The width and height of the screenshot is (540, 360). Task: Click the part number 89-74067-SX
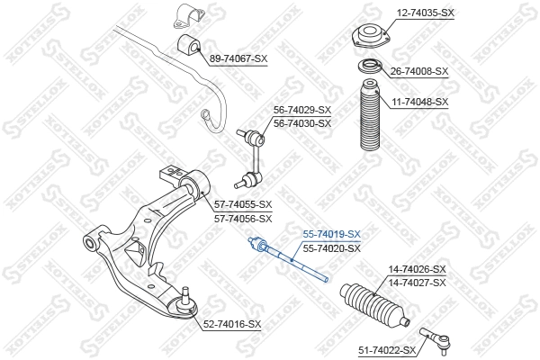(x=238, y=58)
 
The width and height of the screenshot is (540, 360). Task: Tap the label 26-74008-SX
(x=418, y=70)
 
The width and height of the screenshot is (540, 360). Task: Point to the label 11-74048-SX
(x=418, y=102)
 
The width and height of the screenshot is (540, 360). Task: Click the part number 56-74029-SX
(x=302, y=111)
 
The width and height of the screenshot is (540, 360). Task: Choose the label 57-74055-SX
(x=244, y=205)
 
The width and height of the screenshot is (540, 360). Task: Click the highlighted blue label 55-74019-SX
(x=331, y=234)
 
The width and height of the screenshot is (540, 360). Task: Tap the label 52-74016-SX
(x=231, y=324)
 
